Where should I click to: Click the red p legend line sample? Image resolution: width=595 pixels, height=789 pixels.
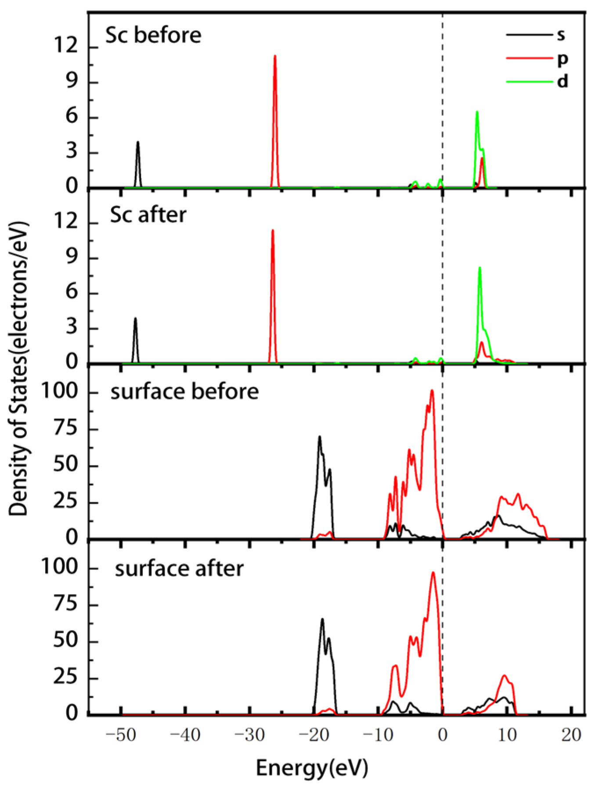point(529,58)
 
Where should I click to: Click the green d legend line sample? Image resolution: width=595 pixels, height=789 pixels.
point(529,81)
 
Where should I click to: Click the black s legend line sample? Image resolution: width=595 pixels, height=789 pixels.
point(529,34)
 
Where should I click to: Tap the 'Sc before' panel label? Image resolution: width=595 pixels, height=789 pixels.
point(153,35)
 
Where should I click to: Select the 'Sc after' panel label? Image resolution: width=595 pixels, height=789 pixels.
point(148,215)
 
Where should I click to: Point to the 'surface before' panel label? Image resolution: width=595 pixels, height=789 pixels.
point(184,392)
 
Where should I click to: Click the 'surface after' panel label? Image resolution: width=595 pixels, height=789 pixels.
point(179,569)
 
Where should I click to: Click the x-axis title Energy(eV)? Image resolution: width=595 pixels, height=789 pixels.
point(312,767)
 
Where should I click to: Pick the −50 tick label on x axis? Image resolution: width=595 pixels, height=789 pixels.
point(120,735)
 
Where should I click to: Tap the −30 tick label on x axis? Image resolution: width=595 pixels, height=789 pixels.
point(249,735)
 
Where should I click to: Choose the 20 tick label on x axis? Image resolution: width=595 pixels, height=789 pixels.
point(571,735)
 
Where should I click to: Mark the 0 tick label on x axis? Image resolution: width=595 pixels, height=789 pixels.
point(442,735)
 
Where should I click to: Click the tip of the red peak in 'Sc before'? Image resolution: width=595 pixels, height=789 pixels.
point(275,56)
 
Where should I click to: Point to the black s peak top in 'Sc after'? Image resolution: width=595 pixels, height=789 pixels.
point(135,318)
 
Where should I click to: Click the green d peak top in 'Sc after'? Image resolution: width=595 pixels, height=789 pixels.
point(480,267)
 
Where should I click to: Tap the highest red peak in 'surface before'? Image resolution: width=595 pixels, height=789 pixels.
point(432,390)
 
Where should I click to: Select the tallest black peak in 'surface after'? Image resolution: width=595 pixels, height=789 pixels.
point(322,619)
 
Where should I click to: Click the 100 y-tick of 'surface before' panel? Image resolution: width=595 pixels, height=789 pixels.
point(59,391)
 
